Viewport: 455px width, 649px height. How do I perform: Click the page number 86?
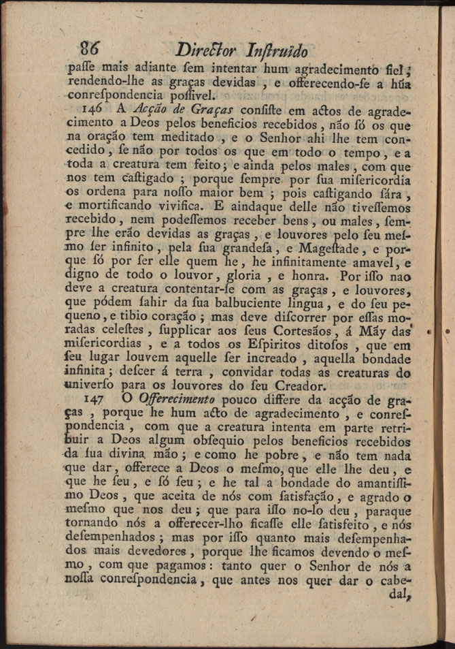[x=90, y=48]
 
